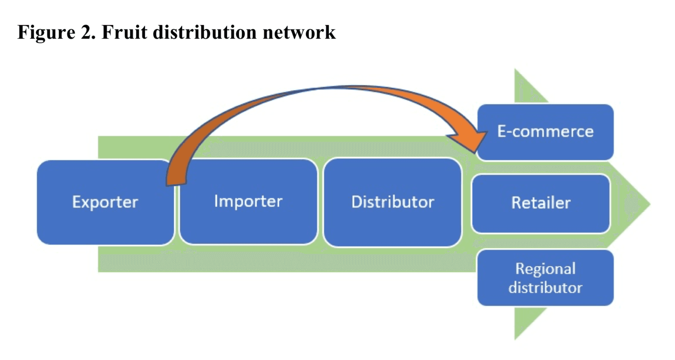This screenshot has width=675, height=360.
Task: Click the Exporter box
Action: (x=105, y=202)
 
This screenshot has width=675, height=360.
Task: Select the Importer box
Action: (x=248, y=202)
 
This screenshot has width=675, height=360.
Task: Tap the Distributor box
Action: (x=392, y=202)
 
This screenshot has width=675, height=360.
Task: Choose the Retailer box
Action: (x=541, y=203)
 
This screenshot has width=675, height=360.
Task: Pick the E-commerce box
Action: (x=545, y=132)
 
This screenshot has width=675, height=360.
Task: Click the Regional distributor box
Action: (x=545, y=278)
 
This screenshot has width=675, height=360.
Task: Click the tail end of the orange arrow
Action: (x=176, y=182)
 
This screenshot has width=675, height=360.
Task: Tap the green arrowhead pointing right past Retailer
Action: (x=631, y=204)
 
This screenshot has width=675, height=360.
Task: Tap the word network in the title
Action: (x=299, y=32)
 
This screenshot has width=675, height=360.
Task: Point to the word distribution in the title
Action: (x=205, y=32)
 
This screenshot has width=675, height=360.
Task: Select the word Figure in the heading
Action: (x=46, y=33)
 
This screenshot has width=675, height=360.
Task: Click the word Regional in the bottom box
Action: (x=545, y=269)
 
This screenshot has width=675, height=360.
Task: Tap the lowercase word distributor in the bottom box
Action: (x=545, y=288)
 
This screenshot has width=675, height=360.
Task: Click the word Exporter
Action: (x=105, y=202)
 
